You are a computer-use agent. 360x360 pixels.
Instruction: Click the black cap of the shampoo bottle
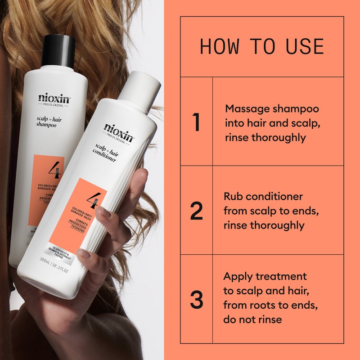pyautogui.click(x=58, y=50)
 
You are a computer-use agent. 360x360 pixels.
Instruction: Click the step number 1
pyautogui.click(x=196, y=122)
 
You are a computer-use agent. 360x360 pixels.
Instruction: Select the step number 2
pyautogui.click(x=196, y=211)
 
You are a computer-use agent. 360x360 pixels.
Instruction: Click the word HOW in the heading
pyautogui.click(x=217, y=47)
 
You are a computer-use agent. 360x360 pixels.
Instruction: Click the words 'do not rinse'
pyautogui.click(x=252, y=319)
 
